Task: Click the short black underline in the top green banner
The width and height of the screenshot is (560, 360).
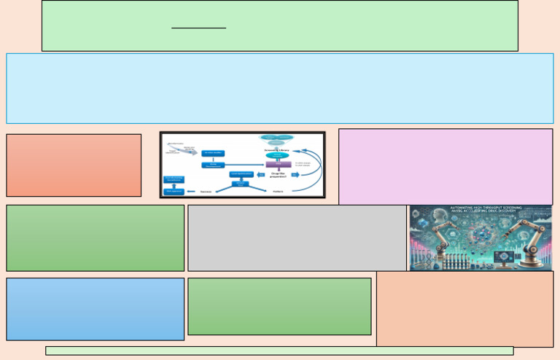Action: click(x=198, y=28)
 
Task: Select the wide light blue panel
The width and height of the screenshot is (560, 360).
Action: click(x=279, y=88)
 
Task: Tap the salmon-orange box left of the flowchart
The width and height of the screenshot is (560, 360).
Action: click(x=74, y=165)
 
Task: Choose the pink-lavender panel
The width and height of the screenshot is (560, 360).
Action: click(x=445, y=166)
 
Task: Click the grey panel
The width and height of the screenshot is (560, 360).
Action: click(x=297, y=238)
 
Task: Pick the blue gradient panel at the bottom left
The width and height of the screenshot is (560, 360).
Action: click(x=95, y=309)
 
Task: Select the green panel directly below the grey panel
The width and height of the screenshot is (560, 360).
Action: click(x=279, y=306)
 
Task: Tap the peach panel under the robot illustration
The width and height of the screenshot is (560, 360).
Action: click(x=464, y=309)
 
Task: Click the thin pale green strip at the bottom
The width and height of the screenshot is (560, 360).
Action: click(x=279, y=351)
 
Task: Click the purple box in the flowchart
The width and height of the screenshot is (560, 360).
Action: click(x=278, y=165)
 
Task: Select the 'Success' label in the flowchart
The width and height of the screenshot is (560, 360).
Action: click(x=206, y=192)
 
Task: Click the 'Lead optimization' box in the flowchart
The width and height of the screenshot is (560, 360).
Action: click(x=241, y=174)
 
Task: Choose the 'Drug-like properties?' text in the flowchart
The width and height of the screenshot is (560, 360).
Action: click(x=278, y=174)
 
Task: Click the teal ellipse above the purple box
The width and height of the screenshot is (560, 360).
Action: click(x=277, y=156)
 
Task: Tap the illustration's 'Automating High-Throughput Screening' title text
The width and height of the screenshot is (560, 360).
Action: click(x=481, y=209)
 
